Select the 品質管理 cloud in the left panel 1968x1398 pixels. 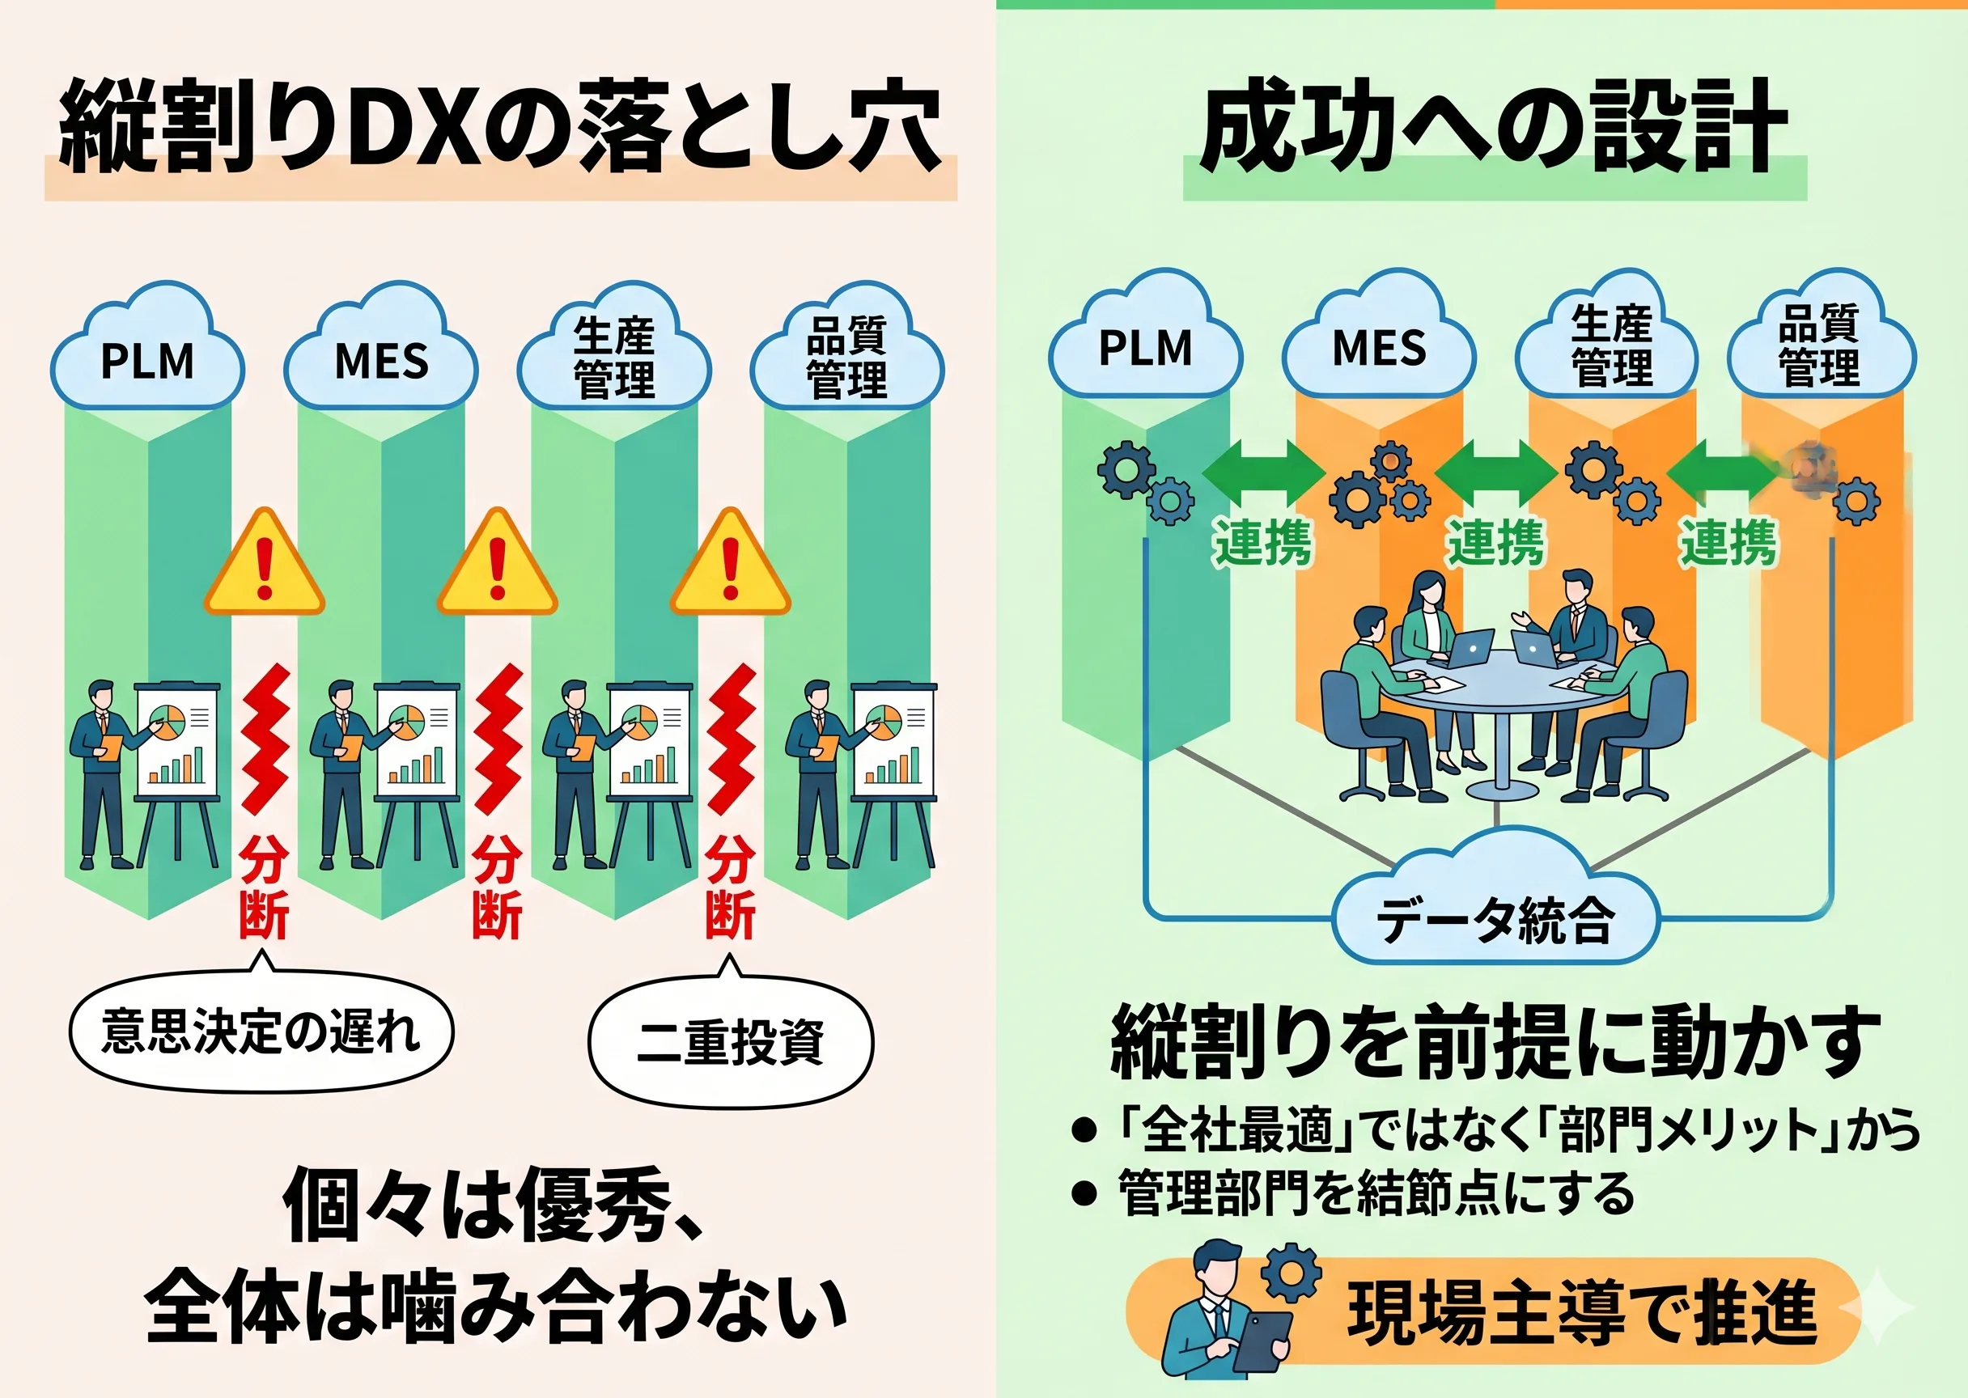coord(847,358)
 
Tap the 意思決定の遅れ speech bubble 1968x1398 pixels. coord(261,1032)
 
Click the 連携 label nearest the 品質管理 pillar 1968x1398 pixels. coord(1728,543)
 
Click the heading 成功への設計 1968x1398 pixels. coord(1494,129)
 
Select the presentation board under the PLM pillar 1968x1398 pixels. coord(178,740)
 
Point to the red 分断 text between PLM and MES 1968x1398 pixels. coord(265,887)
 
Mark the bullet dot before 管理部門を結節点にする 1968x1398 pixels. coord(1084,1193)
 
